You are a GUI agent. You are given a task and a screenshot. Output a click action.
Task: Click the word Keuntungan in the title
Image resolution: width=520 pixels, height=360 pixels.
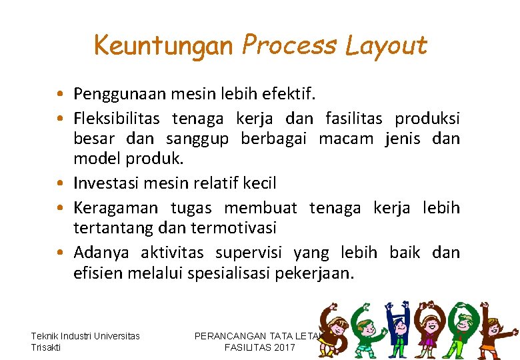pos(164,45)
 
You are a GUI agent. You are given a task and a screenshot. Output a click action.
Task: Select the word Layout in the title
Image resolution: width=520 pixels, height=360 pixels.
pos(387,45)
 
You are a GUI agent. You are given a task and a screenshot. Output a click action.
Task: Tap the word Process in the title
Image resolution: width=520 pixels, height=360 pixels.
pos(290,45)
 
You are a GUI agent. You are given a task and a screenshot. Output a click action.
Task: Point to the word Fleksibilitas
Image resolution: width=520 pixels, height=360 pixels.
pos(117,119)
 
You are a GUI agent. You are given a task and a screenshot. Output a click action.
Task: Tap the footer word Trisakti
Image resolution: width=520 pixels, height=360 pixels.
pos(45,347)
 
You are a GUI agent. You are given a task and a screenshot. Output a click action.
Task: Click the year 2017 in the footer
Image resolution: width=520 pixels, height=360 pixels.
pos(283,347)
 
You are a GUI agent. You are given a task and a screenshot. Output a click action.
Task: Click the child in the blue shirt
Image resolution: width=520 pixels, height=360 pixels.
pos(398,327)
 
